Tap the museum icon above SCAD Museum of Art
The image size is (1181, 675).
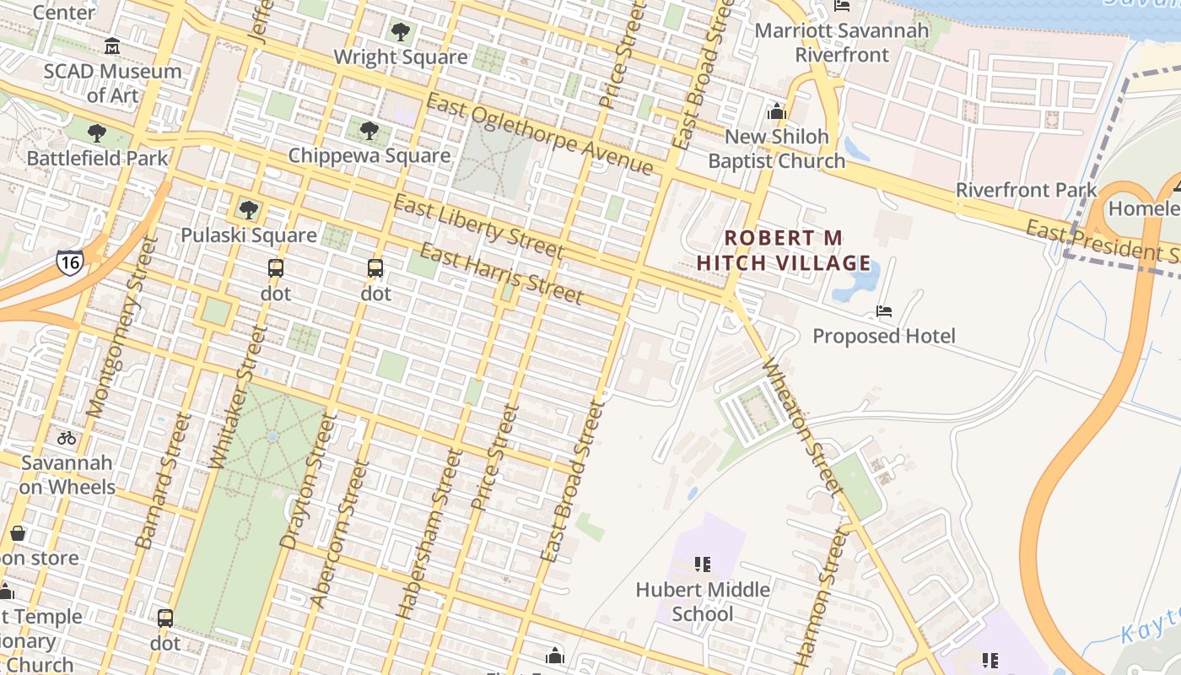coord(112,46)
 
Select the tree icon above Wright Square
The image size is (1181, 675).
coord(400,33)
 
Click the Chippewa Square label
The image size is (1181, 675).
coord(369,156)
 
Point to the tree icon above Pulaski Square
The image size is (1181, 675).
coord(248,210)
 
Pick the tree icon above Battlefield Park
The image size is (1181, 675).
coord(97,133)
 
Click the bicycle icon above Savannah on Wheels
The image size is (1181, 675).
coord(67,438)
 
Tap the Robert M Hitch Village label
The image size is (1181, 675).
coord(783,251)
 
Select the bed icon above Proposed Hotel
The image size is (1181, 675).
coord(884,311)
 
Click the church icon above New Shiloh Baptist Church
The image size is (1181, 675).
coord(777,111)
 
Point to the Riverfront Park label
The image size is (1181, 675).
coord(1026,191)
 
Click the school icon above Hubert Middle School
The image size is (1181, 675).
coord(703,564)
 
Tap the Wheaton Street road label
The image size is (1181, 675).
coord(801,426)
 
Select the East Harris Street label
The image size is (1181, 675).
coord(501,274)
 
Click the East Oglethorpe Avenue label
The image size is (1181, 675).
coord(540,135)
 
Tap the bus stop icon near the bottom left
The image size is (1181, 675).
coord(165,618)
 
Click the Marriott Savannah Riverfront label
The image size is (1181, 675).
coord(842,43)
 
